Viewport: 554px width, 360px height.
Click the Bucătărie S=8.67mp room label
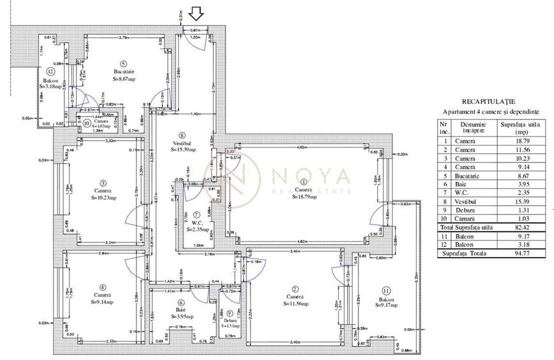(123, 75)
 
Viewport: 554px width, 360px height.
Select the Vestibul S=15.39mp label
(183, 145)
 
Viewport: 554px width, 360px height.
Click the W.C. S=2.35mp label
(198, 224)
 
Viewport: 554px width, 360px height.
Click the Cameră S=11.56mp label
(294, 301)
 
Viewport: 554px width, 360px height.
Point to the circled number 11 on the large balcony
(386, 290)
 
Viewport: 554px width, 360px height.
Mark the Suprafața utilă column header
(521, 126)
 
